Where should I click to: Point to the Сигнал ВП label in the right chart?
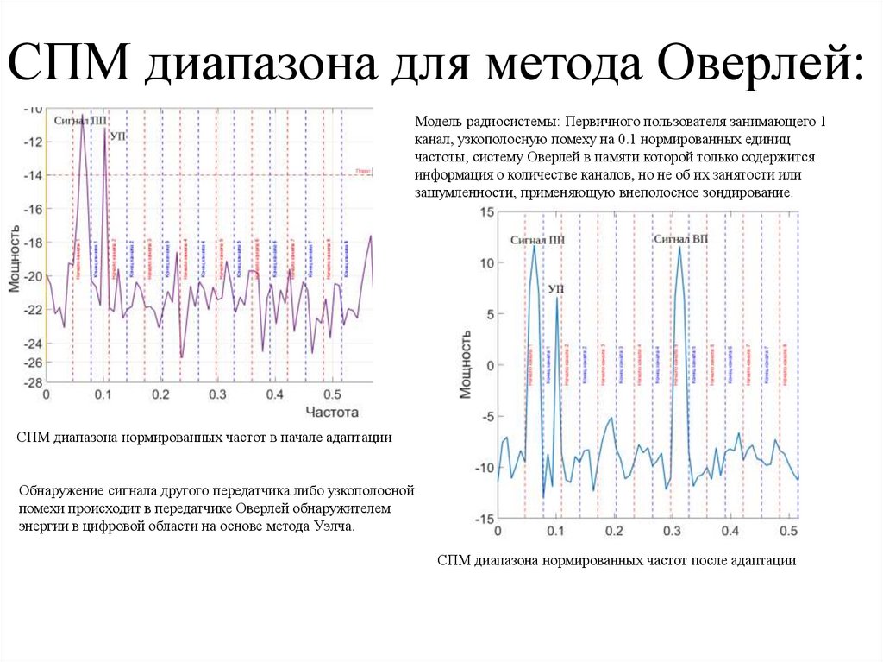[x=680, y=238]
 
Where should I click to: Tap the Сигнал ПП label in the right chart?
[x=536, y=239]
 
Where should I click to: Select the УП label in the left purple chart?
[x=118, y=136]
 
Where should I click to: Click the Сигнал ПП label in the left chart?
[x=79, y=122]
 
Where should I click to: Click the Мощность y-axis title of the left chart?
[x=15, y=259]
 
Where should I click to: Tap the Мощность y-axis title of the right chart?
[x=466, y=364]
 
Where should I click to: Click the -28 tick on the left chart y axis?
[x=33, y=382]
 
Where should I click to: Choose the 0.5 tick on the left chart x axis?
[x=330, y=394]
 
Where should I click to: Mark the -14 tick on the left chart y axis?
[x=33, y=175]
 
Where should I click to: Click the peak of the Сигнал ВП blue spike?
[x=679, y=248]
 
